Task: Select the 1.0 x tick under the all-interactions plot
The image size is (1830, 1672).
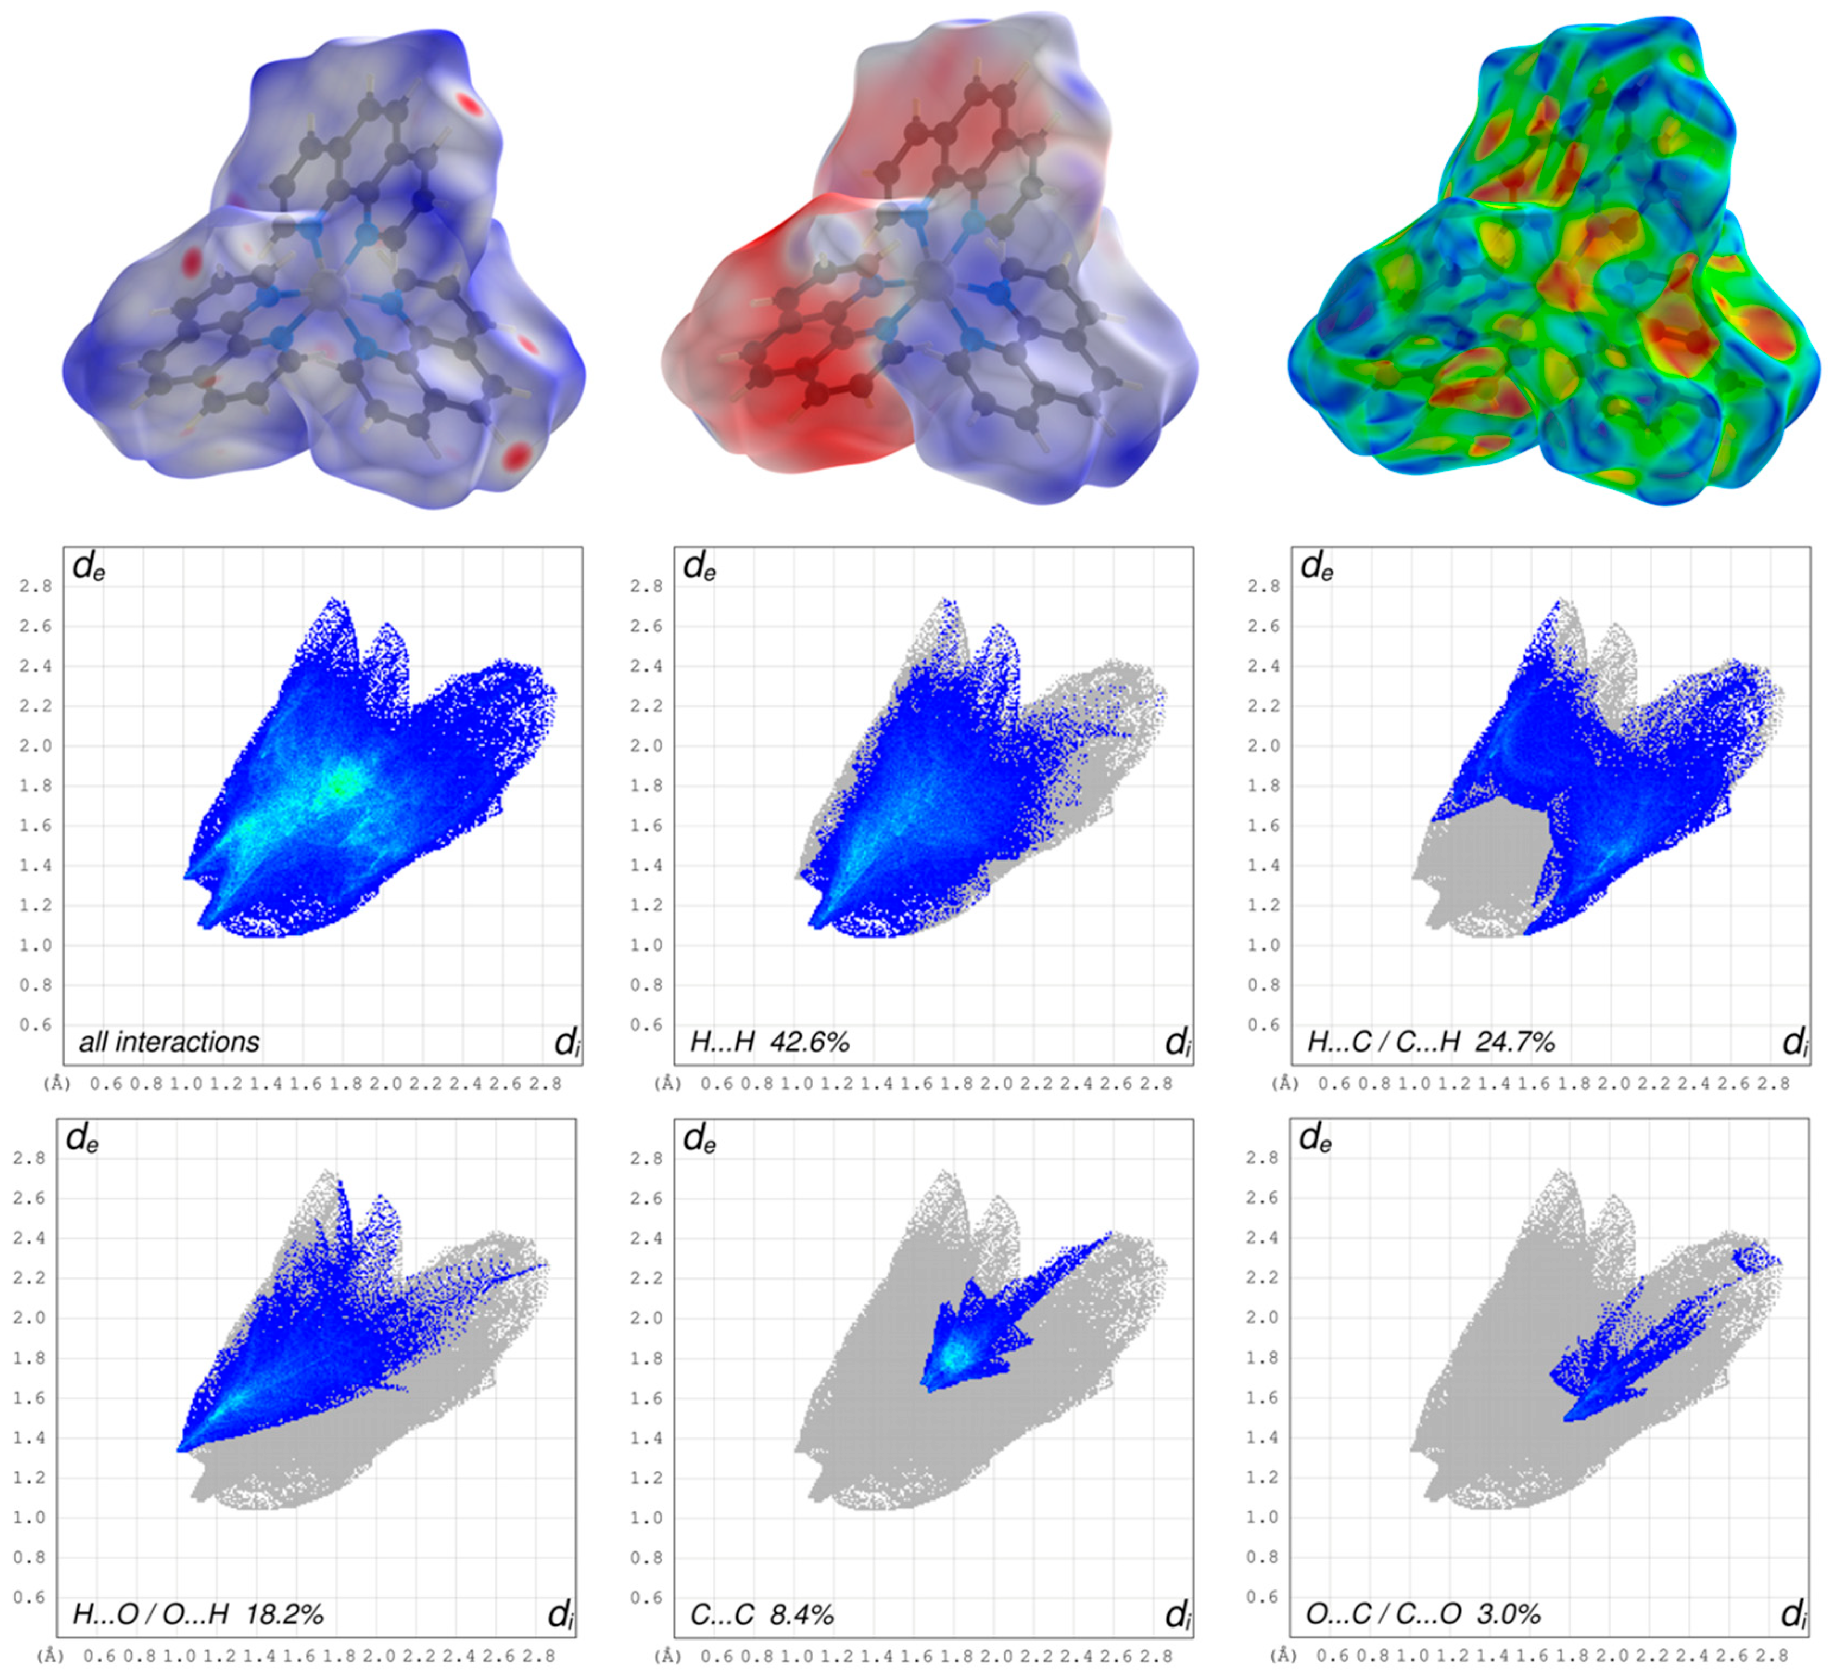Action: (186, 1083)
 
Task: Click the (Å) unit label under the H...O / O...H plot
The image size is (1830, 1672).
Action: (51, 1656)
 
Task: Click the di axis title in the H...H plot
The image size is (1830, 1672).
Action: (1177, 1042)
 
